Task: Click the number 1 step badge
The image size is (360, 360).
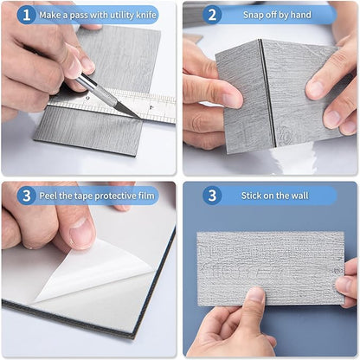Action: [x=26, y=15]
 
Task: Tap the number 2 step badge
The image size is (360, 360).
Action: [x=212, y=15]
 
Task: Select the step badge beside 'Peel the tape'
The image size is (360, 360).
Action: [x=26, y=196]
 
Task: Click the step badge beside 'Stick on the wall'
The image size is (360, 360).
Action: [x=212, y=196]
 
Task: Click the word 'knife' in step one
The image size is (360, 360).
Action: [x=146, y=15]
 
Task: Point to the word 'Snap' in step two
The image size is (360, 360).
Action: [x=252, y=15]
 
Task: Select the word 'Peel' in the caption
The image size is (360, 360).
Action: [x=48, y=196]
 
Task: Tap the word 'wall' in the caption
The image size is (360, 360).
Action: [x=299, y=196]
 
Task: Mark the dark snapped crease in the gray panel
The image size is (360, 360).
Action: [x=267, y=93]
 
